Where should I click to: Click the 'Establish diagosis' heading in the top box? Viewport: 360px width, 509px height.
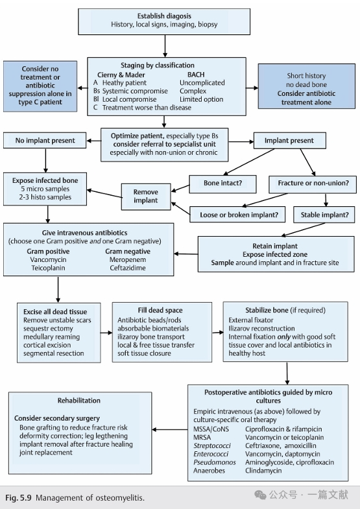[x=164, y=16]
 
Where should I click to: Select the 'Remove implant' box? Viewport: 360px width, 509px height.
[x=146, y=196]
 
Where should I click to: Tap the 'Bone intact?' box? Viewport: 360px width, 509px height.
[x=222, y=183]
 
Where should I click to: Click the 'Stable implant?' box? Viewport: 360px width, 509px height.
[x=324, y=215]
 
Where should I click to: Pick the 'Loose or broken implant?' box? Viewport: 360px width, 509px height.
[x=237, y=214]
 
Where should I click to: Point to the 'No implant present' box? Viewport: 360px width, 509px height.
[x=45, y=140]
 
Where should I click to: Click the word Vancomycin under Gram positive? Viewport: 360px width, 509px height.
[x=48, y=260]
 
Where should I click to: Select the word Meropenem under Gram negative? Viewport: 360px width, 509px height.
[x=128, y=260]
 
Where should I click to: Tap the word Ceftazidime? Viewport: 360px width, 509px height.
[x=128, y=268]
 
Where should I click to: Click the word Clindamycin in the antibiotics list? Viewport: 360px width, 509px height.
[x=263, y=471]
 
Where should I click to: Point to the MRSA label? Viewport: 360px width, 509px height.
[x=202, y=437]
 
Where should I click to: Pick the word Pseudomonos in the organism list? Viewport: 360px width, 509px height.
[x=215, y=462]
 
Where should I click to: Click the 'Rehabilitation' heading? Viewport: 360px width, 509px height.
[x=79, y=401]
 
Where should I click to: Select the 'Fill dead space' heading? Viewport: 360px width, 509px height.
[x=160, y=311]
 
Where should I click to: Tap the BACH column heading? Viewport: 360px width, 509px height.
[x=196, y=75]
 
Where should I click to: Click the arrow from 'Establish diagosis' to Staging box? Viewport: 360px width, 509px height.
[x=165, y=46]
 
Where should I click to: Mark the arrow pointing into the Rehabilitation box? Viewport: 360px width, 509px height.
[x=170, y=429]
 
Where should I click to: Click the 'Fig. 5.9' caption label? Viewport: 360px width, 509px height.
[x=18, y=497]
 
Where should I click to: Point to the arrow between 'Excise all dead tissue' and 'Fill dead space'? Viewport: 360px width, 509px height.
[x=106, y=333]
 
